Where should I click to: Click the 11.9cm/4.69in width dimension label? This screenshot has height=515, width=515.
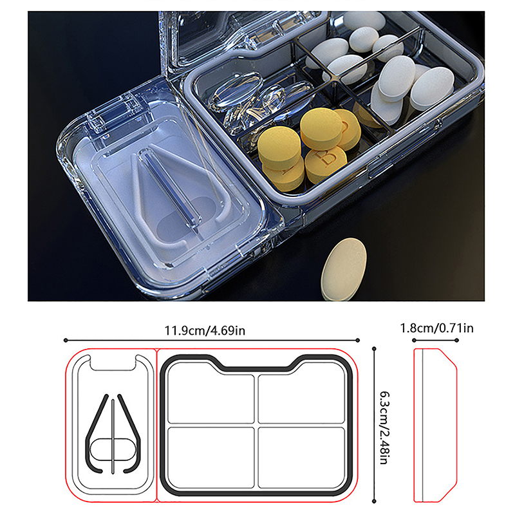click(205, 330)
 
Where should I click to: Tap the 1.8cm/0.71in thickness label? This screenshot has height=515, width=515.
click(436, 328)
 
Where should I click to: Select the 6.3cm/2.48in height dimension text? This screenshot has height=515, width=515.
click(384, 427)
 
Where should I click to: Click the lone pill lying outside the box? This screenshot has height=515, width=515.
click(344, 269)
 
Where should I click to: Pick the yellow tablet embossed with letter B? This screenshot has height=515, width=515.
click(326, 164)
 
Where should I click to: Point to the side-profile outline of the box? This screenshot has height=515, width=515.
click(435, 426)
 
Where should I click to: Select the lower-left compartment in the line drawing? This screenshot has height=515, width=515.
click(211, 457)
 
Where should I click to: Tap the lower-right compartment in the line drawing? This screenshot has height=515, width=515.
click(301, 457)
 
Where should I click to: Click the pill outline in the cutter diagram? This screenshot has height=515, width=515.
click(113, 449)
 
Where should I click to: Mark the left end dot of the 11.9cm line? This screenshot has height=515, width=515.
click(66, 341)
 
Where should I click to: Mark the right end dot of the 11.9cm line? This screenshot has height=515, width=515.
click(358, 341)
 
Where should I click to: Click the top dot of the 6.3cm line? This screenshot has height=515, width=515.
click(374, 348)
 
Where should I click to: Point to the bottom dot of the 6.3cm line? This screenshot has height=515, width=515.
click(374, 501)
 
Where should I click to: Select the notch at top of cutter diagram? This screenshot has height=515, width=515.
click(113, 362)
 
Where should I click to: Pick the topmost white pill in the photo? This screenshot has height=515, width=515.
click(364, 21)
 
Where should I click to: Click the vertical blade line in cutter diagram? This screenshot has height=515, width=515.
click(113, 436)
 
